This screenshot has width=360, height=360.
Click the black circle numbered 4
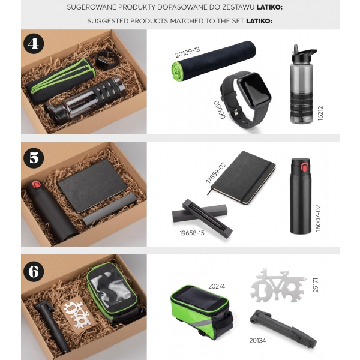[34, 44]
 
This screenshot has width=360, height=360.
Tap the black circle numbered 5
[34, 158]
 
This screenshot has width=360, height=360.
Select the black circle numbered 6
[34, 271]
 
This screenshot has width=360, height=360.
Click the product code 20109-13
[187, 53]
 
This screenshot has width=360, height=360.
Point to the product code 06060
[220, 110]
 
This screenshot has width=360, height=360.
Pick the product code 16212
[320, 113]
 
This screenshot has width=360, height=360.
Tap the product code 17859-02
[216, 173]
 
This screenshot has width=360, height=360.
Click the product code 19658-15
[192, 233]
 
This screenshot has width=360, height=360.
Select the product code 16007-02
[318, 218]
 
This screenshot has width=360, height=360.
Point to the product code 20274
[217, 286]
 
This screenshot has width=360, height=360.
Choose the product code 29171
[316, 285]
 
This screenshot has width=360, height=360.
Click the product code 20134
[257, 340]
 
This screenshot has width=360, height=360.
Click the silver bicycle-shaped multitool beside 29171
[278, 286]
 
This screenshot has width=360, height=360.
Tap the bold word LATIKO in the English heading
[259, 21]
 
